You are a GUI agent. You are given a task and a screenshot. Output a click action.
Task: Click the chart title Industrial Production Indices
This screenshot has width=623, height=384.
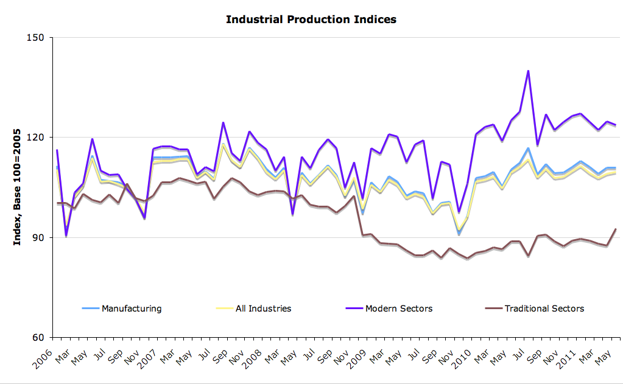(311, 19)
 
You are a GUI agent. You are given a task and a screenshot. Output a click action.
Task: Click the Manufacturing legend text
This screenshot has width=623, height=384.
(132, 309)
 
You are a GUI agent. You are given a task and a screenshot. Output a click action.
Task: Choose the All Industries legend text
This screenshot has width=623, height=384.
(263, 309)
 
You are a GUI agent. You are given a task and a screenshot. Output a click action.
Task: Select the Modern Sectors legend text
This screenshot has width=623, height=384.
(399, 309)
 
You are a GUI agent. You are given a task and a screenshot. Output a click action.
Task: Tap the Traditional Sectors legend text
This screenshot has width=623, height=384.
(544, 309)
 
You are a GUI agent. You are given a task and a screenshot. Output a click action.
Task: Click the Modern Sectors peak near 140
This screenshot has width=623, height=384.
(528, 71)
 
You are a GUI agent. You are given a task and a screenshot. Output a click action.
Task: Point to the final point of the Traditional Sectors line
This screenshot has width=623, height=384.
(616, 229)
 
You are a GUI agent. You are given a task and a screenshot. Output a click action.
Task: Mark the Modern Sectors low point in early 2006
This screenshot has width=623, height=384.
(66, 236)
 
